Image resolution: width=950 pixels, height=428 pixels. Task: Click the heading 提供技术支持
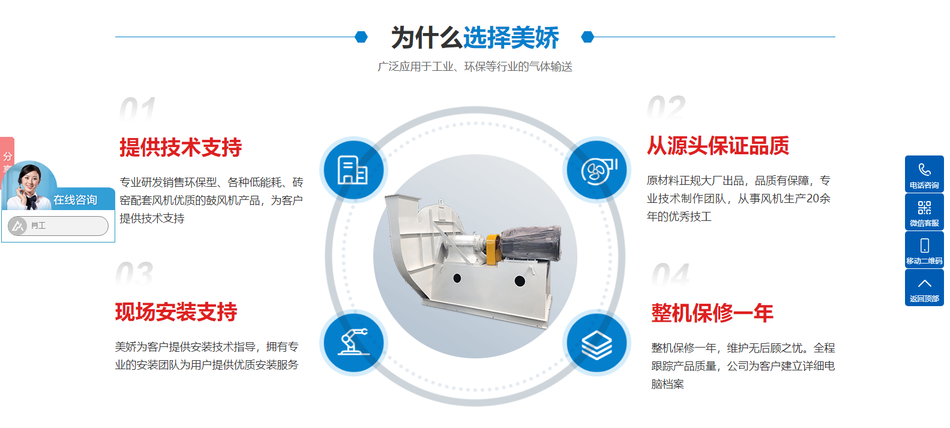[x=181, y=148]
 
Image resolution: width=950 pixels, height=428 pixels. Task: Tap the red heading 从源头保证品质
[x=718, y=145]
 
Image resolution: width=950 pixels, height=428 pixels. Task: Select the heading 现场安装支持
[x=176, y=312]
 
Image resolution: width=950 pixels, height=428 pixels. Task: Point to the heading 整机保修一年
[x=712, y=313]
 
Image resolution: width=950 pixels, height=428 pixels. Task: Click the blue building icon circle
[x=353, y=170]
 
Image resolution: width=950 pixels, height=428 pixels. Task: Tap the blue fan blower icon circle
[x=597, y=170]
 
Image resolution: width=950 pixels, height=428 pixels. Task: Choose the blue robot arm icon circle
[x=353, y=343]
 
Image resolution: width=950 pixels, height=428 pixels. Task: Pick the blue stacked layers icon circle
[x=597, y=343]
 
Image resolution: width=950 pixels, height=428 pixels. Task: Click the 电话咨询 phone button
[x=924, y=174]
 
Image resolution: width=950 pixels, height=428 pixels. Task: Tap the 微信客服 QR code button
[x=924, y=212]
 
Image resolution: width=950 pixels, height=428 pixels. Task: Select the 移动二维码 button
[x=924, y=250]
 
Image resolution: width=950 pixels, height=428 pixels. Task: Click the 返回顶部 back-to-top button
[x=924, y=287]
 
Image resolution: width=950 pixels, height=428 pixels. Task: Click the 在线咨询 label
[x=75, y=200]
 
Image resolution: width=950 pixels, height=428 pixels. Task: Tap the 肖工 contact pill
[x=58, y=226]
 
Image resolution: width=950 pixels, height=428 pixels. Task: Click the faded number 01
[x=137, y=109]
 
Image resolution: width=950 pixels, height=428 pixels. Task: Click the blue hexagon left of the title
[x=361, y=37]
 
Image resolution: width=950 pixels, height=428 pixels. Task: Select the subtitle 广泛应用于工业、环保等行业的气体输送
[x=475, y=67]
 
